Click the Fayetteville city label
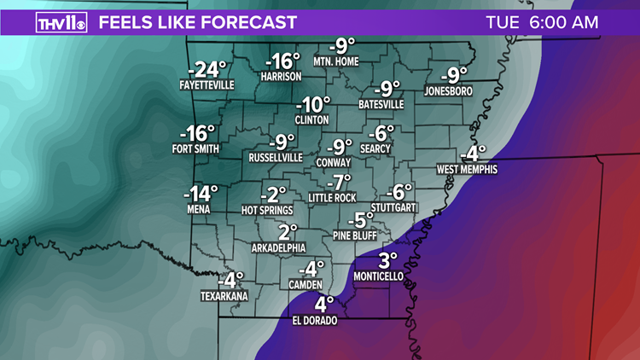208,85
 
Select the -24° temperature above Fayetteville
208,69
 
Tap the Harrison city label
282,76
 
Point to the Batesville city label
381,104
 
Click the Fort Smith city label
195,149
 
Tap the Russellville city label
276,158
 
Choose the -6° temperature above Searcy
381,133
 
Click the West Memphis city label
467,170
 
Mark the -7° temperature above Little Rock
341,182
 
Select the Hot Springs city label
267,210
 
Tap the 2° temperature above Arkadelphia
288,231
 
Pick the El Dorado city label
315,321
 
